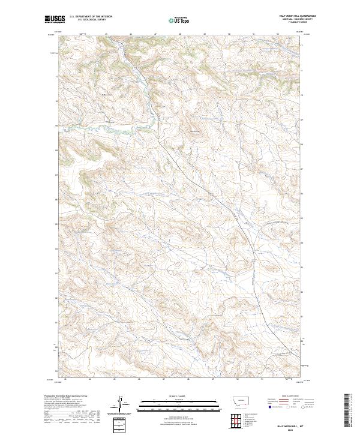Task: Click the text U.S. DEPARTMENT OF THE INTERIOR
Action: tap(91, 17)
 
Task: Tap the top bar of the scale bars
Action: tap(179, 402)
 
